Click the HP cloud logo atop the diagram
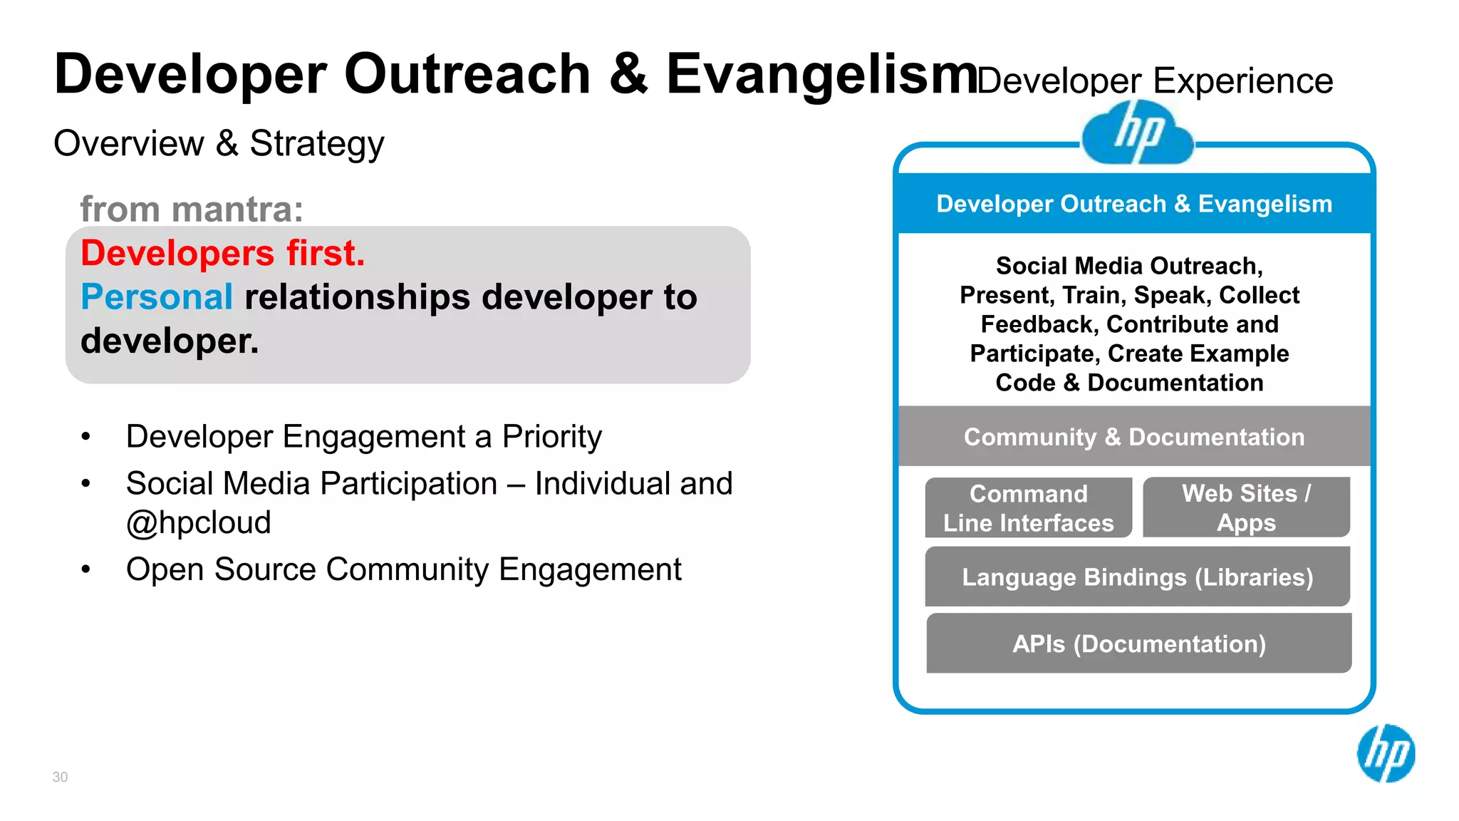[x=1137, y=134]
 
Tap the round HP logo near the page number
[x=1386, y=753]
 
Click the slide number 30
[x=60, y=777]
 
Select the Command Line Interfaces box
[x=1028, y=508]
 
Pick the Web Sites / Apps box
[x=1246, y=507]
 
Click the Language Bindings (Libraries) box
[x=1137, y=577]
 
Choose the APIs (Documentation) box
[x=1138, y=644]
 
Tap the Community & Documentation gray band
[x=1134, y=437]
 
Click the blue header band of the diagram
[x=1134, y=204]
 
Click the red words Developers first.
[x=222, y=253]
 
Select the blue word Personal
[x=157, y=296]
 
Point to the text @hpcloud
[x=198, y=522]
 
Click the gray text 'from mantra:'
[x=191, y=209]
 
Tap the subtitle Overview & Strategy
[x=219, y=143]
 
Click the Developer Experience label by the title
[x=1155, y=81]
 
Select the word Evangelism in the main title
[x=821, y=73]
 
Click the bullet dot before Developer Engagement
[x=86, y=437]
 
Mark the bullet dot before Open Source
[x=86, y=569]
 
